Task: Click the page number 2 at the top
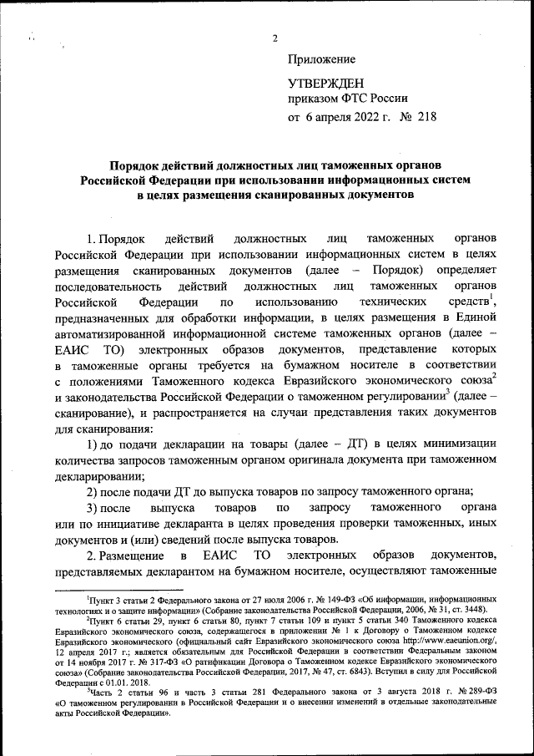click(274, 38)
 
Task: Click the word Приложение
click(321, 59)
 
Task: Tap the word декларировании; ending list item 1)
click(98, 477)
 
